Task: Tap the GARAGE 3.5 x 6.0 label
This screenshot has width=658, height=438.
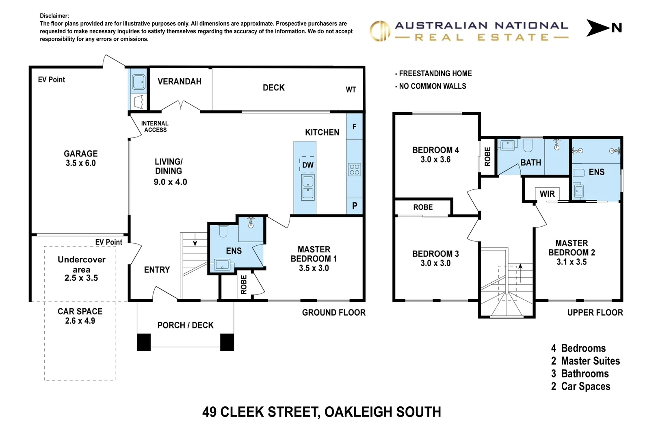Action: (80, 159)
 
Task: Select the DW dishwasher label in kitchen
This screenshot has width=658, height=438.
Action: (307, 165)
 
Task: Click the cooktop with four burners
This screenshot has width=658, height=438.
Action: (354, 170)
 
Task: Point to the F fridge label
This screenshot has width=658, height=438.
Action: (354, 127)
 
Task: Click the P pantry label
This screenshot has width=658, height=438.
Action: (355, 206)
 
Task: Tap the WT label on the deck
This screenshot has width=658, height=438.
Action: (351, 90)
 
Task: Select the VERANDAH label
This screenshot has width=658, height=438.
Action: (179, 82)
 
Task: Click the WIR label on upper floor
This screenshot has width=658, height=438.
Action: (547, 194)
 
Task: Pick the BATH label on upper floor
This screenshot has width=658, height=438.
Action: (530, 163)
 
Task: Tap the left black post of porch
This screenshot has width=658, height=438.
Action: (144, 342)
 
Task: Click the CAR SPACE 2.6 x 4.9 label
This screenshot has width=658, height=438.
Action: (80, 316)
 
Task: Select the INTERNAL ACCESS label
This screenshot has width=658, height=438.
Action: (155, 127)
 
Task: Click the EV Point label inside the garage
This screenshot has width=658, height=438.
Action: (51, 79)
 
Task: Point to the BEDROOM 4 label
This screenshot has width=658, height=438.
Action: (435, 155)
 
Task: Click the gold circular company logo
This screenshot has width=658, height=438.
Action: (380, 31)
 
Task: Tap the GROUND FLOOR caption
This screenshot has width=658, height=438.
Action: (333, 312)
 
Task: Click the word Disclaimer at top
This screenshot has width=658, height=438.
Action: (54, 16)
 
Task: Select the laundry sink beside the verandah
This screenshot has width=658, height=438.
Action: (139, 82)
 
